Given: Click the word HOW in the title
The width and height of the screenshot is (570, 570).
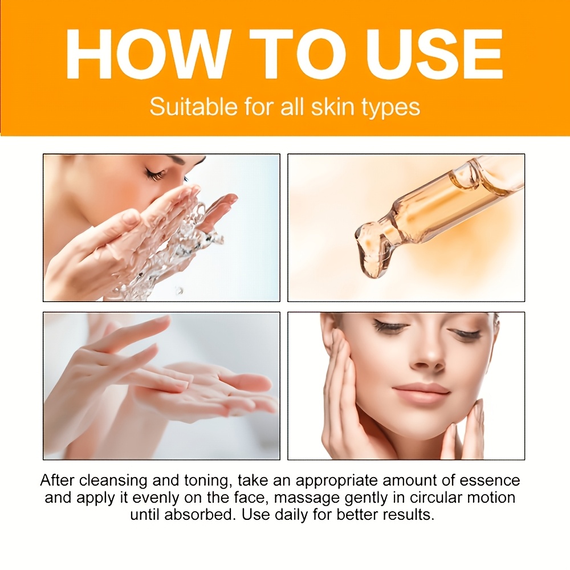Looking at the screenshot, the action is point(148,55).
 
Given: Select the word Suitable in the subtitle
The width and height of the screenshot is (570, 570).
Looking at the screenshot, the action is point(194,107).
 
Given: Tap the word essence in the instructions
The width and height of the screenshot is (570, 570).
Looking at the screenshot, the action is point(490,481).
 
